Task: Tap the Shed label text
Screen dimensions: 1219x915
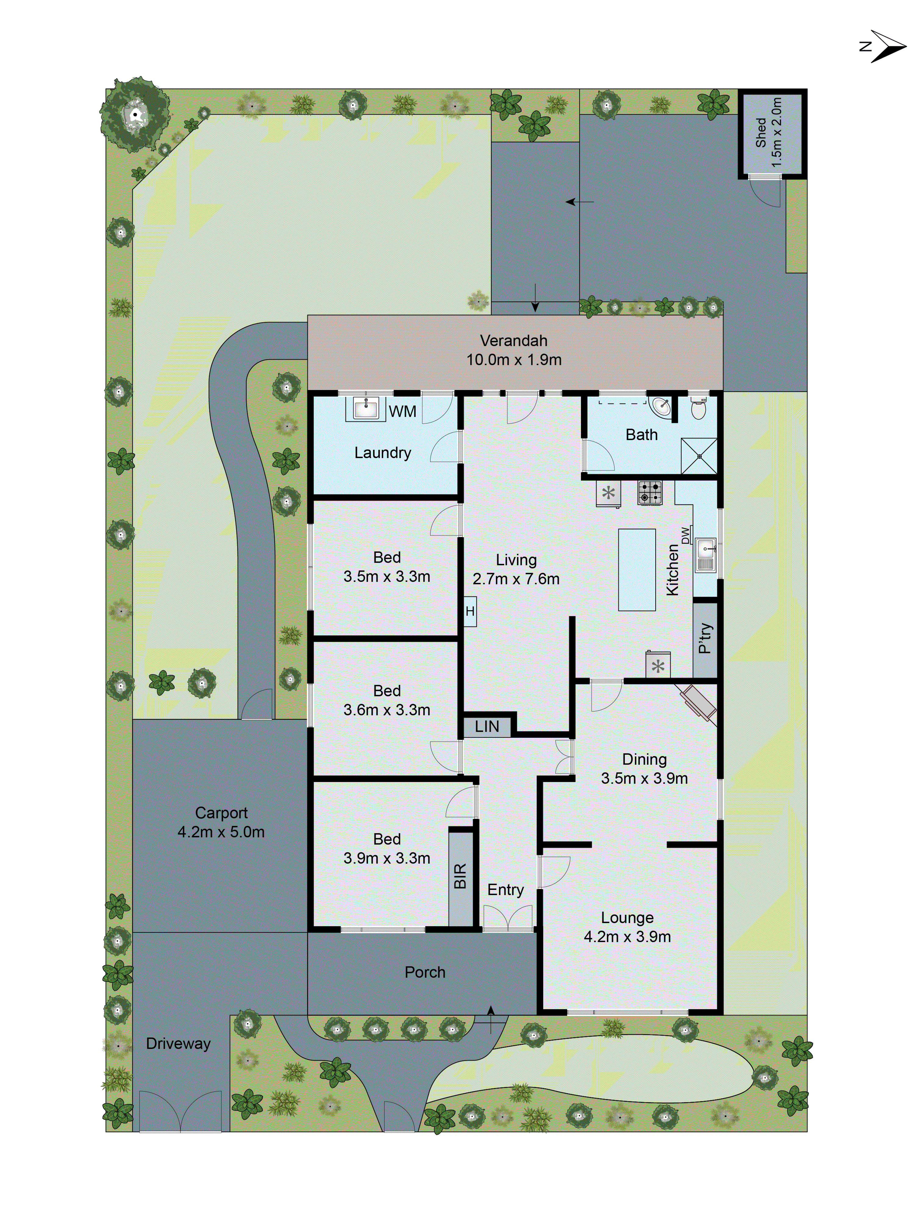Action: tap(761, 132)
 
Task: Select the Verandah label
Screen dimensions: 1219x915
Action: tap(513, 341)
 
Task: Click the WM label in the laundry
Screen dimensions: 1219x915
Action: tap(402, 411)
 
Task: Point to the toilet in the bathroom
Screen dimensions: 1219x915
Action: tap(698, 409)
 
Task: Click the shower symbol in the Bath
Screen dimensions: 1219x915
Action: tap(699, 456)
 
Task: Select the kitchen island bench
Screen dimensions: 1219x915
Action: tap(637, 570)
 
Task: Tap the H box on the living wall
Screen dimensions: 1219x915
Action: tap(470, 611)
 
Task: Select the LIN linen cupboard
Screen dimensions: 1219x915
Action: tap(487, 726)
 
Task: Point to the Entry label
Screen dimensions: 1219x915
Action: tap(505, 890)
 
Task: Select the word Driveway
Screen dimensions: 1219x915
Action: tap(178, 1043)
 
